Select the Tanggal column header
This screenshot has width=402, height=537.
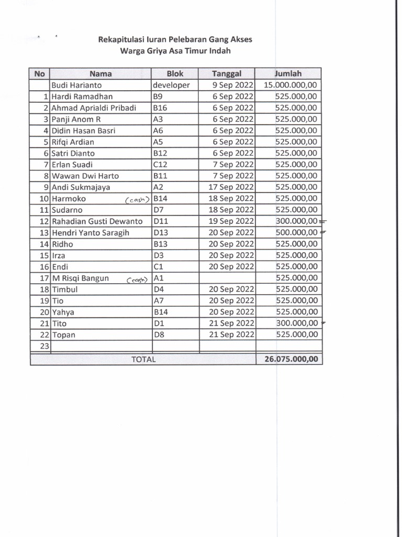(x=227, y=74)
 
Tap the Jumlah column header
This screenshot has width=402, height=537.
(x=288, y=74)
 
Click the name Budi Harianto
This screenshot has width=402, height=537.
(x=76, y=85)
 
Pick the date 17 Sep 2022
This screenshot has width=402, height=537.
(x=231, y=187)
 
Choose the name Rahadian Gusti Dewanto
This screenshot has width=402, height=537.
(x=97, y=221)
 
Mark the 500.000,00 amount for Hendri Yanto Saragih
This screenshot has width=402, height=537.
(x=296, y=233)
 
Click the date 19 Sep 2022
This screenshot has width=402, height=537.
(x=231, y=221)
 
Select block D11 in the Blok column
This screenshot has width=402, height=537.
(x=161, y=221)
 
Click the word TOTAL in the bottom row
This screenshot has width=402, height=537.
(x=143, y=360)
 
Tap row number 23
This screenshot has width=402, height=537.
(x=44, y=346)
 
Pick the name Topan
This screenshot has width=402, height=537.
(x=63, y=335)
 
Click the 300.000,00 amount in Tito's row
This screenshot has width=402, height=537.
(x=296, y=324)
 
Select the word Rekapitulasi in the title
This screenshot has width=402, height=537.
(x=122, y=39)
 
